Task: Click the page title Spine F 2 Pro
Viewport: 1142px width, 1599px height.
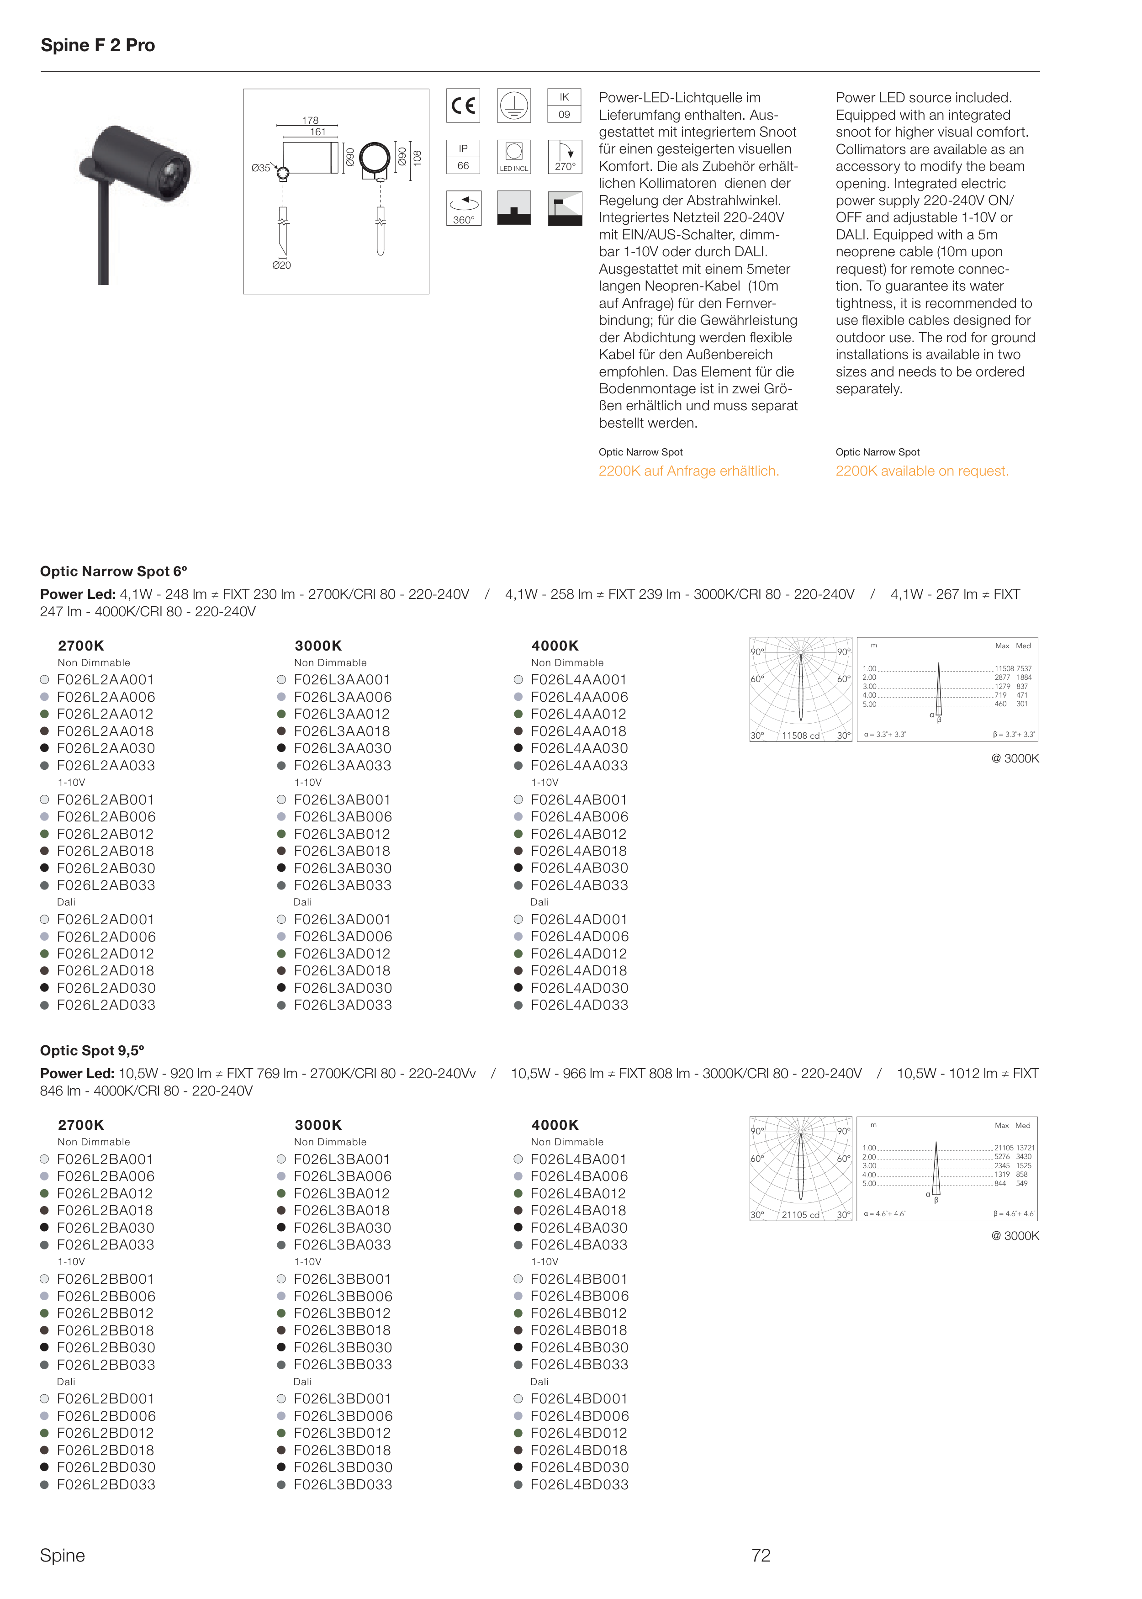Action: click(x=98, y=46)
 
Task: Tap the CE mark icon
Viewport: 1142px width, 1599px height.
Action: click(x=463, y=106)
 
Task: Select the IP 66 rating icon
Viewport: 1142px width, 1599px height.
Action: click(x=463, y=157)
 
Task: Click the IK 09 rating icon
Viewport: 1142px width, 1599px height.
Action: click(x=564, y=106)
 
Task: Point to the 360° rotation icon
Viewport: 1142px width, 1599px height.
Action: click(x=463, y=208)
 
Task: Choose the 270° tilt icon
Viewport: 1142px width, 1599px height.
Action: click(x=565, y=157)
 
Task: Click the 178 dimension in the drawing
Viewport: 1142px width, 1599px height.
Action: click(x=310, y=120)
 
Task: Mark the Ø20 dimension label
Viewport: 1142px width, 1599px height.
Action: click(x=281, y=265)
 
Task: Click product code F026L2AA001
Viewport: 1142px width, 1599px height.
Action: click(x=106, y=680)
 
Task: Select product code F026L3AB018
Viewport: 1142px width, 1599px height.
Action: click(x=342, y=851)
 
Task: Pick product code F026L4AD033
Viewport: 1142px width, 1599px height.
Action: click(x=579, y=1005)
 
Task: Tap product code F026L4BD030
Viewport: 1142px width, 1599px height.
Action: click(x=579, y=1467)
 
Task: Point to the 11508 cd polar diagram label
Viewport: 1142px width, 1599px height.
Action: click(x=801, y=736)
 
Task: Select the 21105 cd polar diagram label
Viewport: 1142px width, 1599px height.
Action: click(x=801, y=1214)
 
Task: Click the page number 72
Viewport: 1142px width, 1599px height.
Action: click(x=761, y=1555)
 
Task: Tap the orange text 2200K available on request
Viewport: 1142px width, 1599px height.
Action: click(x=922, y=471)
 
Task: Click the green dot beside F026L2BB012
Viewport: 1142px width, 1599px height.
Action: click(x=44, y=1313)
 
